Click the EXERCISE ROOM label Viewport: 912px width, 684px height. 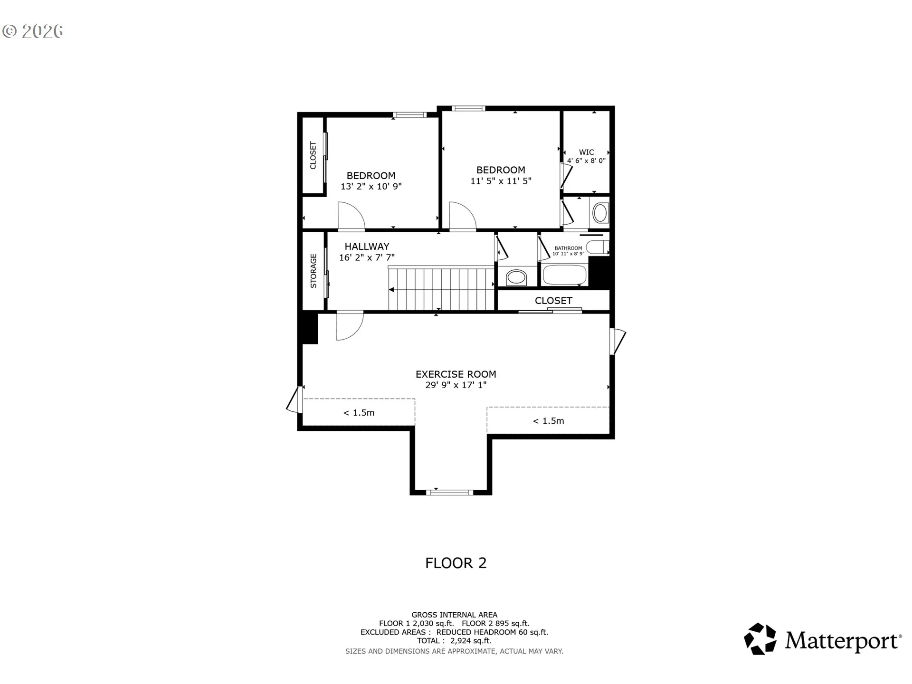pos(456,374)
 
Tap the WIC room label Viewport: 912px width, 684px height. pos(587,152)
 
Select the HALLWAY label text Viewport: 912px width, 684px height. pos(367,247)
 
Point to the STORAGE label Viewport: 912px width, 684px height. pos(313,271)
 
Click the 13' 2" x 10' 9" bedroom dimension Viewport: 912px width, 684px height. pos(371,186)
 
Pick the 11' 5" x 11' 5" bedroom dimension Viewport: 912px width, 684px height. pos(501,180)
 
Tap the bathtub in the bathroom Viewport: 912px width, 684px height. pos(564,275)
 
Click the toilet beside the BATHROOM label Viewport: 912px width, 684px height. pos(598,247)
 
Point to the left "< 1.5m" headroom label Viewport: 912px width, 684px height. pos(359,413)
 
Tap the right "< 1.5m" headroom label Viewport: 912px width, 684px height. pos(549,421)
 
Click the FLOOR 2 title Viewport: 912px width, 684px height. pos(456,563)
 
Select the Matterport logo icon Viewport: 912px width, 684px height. pos(760,639)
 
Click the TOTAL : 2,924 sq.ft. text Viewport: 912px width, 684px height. pos(455,641)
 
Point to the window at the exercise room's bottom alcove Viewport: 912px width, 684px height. pos(449,492)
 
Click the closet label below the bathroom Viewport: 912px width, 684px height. pos(553,301)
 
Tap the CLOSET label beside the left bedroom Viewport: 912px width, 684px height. pos(313,155)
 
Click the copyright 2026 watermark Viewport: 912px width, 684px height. pos(32,31)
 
